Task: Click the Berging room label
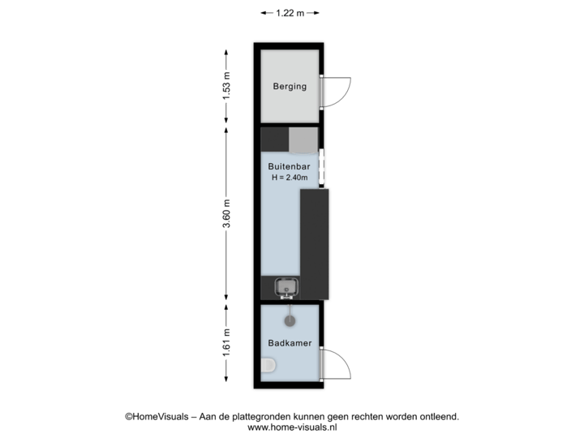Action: (290, 87)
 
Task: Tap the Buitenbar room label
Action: (289, 166)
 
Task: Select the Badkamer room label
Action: (290, 343)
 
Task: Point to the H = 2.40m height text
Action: (290, 178)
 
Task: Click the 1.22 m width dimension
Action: (290, 13)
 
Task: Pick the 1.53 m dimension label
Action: (226, 86)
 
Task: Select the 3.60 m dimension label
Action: (226, 213)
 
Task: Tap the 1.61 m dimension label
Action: (226, 342)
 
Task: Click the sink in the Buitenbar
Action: (286, 288)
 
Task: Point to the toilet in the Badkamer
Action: (268, 365)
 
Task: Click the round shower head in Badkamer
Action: (290, 320)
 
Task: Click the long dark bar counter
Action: (315, 244)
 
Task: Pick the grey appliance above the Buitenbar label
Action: (303, 140)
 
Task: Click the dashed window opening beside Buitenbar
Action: (322, 168)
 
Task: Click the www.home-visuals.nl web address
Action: (292, 427)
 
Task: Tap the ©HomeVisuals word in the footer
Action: (157, 416)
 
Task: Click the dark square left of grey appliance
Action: (275, 140)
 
